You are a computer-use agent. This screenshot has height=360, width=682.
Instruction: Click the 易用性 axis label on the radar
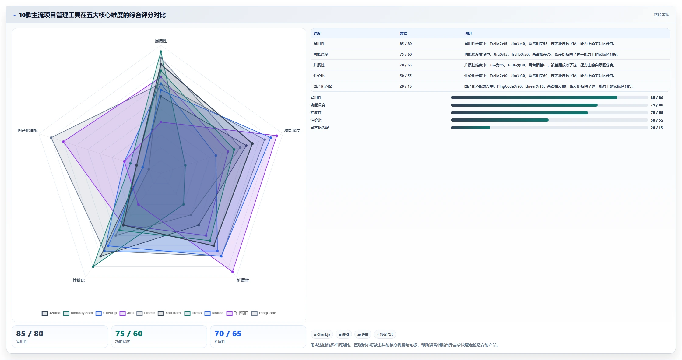(x=161, y=41)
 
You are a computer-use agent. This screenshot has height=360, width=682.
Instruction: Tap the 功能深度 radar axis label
(x=292, y=130)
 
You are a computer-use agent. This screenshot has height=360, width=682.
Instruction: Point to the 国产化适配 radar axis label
(x=27, y=130)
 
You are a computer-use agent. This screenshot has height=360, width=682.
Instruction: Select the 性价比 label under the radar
(x=79, y=280)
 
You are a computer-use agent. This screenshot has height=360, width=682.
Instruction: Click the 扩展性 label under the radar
(x=243, y=280)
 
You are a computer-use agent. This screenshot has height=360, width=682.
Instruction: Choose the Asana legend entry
(x=51, y=313)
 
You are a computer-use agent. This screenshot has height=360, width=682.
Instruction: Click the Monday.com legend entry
(x=78, y=313)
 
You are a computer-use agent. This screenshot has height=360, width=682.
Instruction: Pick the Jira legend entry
(x=127, y=313)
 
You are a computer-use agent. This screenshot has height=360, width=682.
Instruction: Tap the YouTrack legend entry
(x=170, y=313)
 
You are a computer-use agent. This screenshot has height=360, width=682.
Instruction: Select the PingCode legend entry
(x=264, y=313)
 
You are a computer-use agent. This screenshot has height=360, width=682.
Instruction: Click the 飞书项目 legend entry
(x=237, y=313)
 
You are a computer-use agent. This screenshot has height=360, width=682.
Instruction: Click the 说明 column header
(x=468, y=34)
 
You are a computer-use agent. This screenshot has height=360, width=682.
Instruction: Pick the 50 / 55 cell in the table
(x=406, y=76)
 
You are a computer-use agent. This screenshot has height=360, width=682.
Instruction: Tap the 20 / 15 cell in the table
(x=406, y=86)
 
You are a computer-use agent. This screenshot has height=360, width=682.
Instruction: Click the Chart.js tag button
(x=322, y=334)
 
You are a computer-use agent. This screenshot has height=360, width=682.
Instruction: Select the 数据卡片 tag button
(x=385, y=334)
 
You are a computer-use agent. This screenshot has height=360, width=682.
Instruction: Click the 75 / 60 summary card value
(x=129, y=334)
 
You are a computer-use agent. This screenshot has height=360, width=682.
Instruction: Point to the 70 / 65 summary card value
(x=228, y=334)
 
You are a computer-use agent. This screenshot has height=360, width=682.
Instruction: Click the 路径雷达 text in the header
(x=661, y=15)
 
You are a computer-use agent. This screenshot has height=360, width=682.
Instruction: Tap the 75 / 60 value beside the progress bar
(x=657, y=105)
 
